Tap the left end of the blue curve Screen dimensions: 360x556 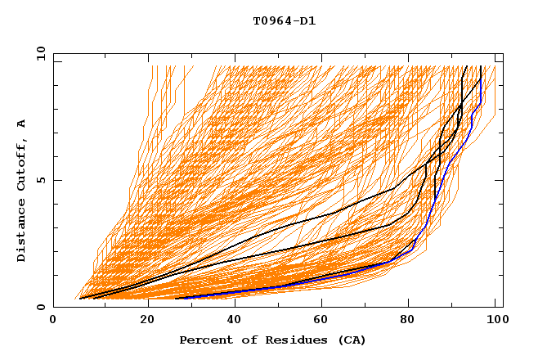click(x=177, y=298)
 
